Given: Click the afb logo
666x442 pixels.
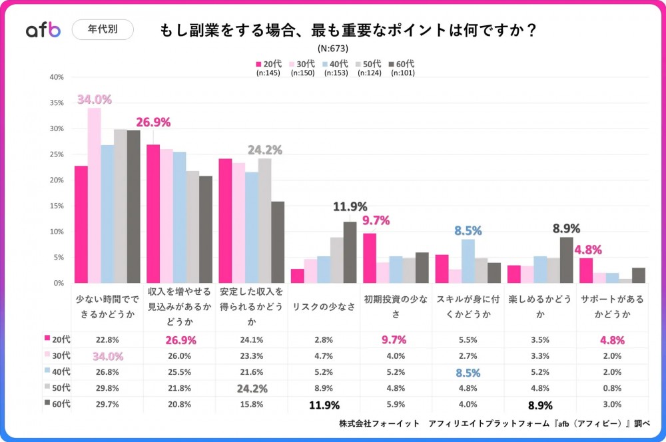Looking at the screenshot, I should (43, 30).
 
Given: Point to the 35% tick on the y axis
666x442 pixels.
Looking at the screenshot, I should (57, 103).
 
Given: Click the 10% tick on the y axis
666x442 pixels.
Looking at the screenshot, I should (57, 232).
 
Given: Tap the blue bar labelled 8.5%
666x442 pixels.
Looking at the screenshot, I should (468, 261).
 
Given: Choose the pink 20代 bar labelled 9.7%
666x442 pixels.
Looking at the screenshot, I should (370, 258).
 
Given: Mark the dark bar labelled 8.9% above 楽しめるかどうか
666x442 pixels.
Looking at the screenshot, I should (566, 260).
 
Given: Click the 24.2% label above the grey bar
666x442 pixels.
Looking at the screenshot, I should (265, 150).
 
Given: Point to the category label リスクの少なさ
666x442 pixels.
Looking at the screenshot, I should (324, 306).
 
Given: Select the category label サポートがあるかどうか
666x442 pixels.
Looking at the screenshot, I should (611, 306).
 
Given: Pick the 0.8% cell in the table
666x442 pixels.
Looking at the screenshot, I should (611, 388).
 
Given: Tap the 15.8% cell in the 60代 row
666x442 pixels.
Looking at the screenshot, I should (252, 404).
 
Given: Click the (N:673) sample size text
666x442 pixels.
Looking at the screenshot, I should (333, 48).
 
